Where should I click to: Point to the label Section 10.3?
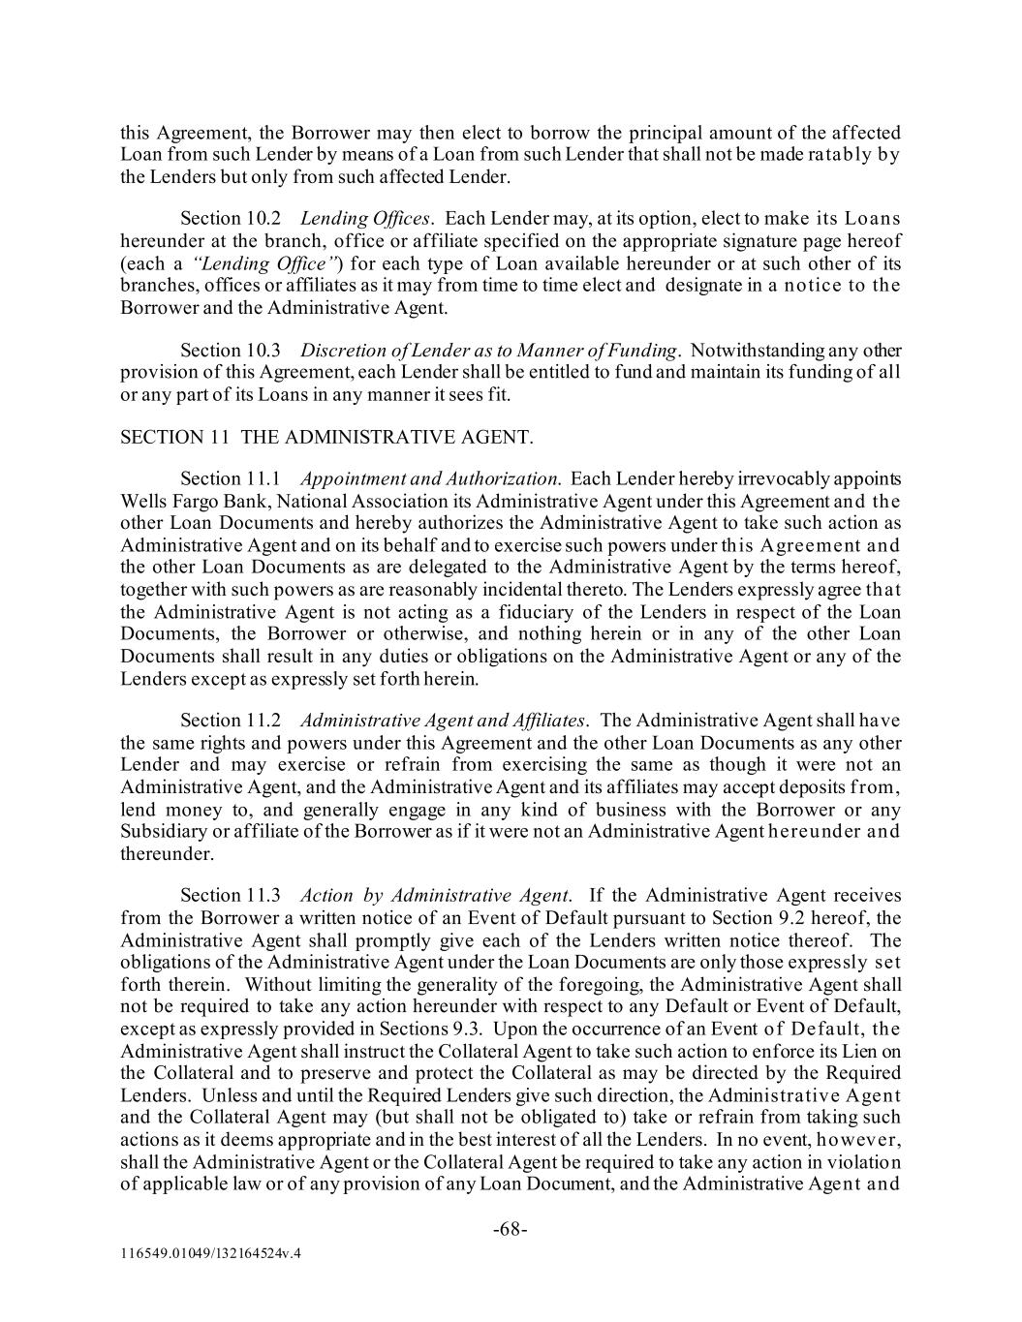(225, 351)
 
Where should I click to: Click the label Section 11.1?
(225, 479)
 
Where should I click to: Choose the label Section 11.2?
(225, 721)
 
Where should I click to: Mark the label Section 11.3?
(225, 895)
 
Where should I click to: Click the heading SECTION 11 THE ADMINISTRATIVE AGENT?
(326, 437)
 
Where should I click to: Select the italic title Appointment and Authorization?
(430, 479)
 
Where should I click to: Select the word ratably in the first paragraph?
(828, 155)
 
